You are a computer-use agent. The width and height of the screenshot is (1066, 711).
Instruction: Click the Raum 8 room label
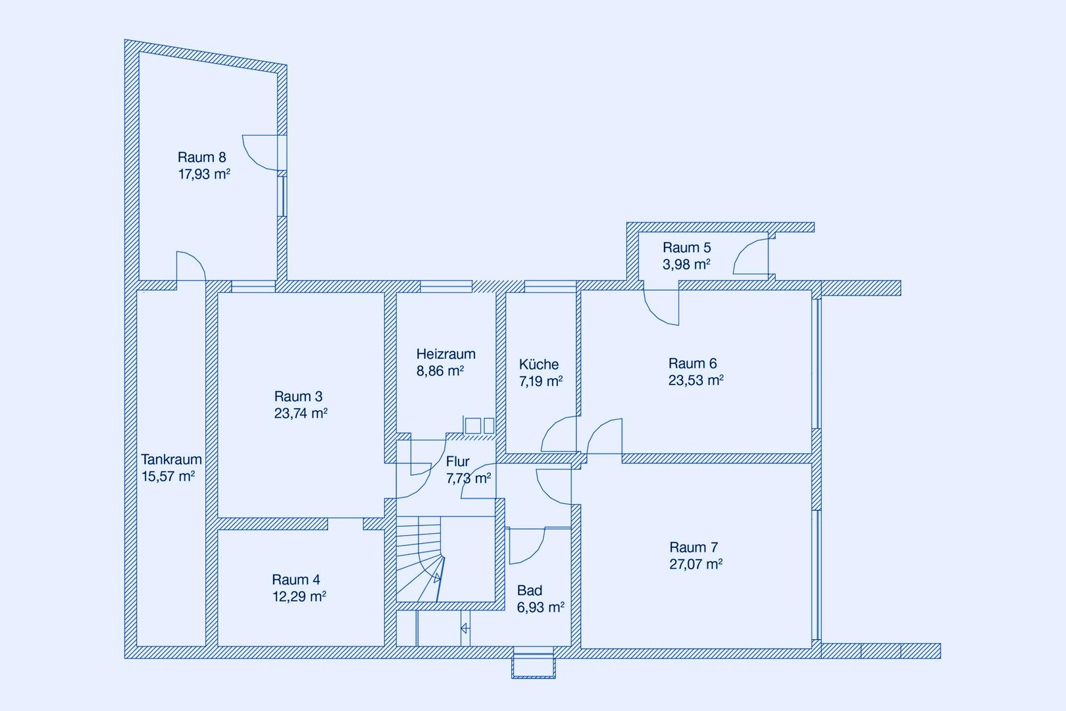coord(202,157)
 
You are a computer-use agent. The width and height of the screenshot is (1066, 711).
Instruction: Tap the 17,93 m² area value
coord(204,174)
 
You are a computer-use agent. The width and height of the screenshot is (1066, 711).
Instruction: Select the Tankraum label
coord(171,460)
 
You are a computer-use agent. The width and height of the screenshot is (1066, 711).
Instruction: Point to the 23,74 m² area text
coord(301,413)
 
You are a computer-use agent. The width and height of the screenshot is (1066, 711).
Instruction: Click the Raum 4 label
coord(296,579)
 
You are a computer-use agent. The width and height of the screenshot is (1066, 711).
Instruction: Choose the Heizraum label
coord(446,354)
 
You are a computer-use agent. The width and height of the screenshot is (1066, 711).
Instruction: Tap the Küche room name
coord(539,364)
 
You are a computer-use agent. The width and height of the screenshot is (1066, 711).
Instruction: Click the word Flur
coord(458,461)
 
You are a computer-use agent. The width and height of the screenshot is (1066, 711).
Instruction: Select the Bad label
coord(530,591)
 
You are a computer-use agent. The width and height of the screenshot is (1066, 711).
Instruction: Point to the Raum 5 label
coord(687,248)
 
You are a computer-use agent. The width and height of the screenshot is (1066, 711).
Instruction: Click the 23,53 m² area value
coord(696,381)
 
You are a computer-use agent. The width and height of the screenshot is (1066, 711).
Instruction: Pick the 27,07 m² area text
coord(696,564)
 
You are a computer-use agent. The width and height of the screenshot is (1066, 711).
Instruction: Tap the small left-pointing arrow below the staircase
coord(465,629)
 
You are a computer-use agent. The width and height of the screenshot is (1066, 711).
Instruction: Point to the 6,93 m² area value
coord(541,608)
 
